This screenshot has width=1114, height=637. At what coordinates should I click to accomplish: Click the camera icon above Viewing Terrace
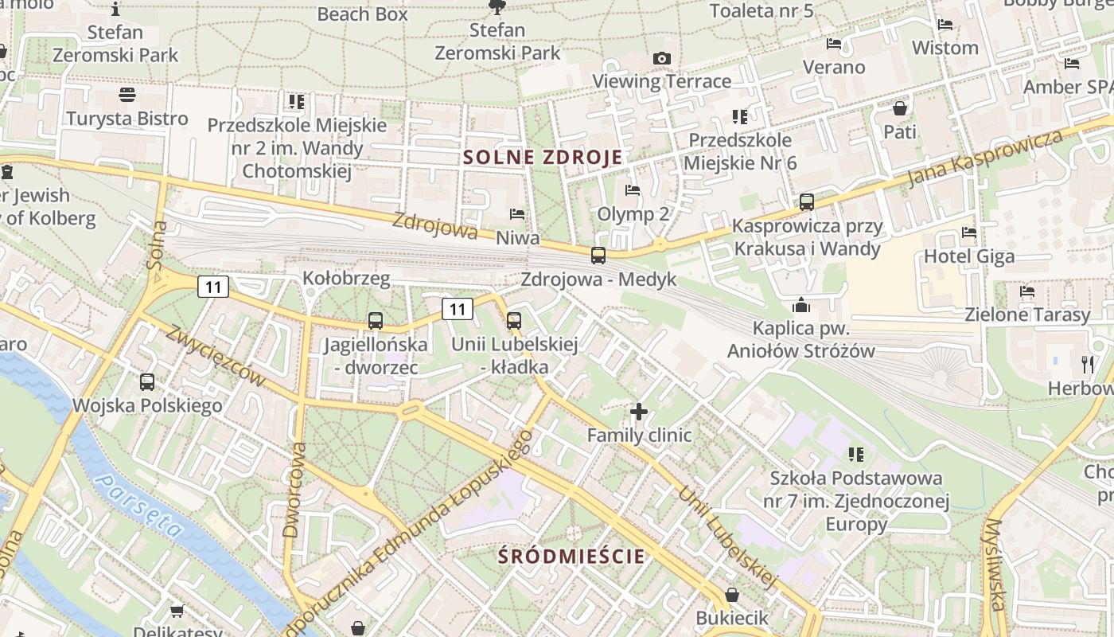coord(661,58)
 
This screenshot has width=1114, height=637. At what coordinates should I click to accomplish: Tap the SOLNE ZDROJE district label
coord(543,157)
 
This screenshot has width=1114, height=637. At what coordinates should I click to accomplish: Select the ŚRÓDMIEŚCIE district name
coord(571,556)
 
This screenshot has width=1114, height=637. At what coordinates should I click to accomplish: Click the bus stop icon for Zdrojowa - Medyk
coord(598,256)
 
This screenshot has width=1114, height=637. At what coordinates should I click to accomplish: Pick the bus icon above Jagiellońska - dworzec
coord(376,321)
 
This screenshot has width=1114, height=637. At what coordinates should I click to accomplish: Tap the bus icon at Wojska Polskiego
coord(147,382)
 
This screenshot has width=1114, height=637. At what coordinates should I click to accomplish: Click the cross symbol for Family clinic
coord(639,412)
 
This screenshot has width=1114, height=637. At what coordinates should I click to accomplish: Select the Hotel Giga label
coord(968,256)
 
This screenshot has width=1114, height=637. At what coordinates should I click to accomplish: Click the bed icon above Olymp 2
coord(633,190)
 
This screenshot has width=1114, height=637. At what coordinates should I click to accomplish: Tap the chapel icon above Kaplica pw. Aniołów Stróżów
coord(801,305)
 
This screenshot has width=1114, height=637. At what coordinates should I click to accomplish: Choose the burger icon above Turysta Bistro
coord(127,95)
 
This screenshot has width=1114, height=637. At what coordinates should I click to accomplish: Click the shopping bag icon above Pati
coord(900,108)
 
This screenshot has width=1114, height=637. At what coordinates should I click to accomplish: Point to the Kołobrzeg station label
coord(346,278)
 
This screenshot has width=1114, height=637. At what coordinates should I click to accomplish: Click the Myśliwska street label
coord(995,565)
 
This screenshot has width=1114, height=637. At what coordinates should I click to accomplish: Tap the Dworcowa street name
coord(294,490)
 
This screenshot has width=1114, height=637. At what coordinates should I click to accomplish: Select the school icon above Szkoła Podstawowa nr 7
coord(856,455)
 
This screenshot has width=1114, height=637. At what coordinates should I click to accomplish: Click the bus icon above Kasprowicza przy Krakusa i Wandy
coord(807,202)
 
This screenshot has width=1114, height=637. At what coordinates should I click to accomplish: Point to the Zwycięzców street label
coord(214,356)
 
